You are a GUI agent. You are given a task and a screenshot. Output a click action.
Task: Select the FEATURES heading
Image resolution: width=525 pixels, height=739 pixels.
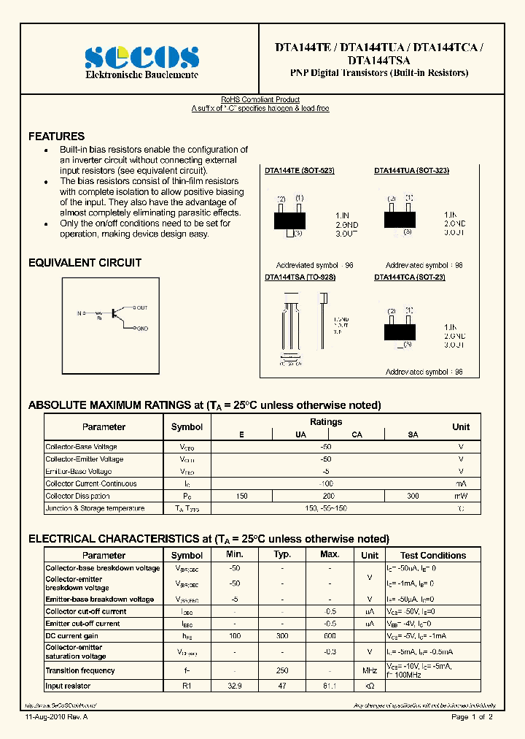(56, 137)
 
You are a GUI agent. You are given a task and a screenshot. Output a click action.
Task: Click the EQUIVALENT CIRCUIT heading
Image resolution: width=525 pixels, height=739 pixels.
(85, 263)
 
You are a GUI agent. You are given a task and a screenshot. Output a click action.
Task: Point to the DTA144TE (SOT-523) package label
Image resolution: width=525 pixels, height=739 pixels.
(299, 170)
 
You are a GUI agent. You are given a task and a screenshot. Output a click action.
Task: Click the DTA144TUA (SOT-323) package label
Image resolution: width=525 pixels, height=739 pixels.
(411, 170)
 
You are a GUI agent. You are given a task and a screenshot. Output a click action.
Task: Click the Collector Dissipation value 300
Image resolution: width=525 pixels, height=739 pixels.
(413, 496)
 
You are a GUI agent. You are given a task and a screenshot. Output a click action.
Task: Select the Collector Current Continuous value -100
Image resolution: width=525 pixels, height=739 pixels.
(326, 483)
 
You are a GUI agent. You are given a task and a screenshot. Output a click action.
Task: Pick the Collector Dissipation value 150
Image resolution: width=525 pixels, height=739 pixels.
(242, 496)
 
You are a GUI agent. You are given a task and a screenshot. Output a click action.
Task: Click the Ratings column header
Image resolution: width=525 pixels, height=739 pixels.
(326, 421)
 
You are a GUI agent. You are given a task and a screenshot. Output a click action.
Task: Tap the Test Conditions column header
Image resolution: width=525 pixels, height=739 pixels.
(433, 556)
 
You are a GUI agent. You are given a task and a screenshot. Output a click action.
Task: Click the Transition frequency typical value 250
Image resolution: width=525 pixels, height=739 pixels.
(282, 670)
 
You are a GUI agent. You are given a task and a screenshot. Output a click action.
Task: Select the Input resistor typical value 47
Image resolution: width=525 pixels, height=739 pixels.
(282, 687)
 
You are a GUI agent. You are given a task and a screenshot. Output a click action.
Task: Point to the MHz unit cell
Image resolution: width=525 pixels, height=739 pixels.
(370, 670)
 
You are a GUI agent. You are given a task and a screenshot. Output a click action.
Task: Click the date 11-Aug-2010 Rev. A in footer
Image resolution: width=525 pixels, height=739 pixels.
(56, 718)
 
